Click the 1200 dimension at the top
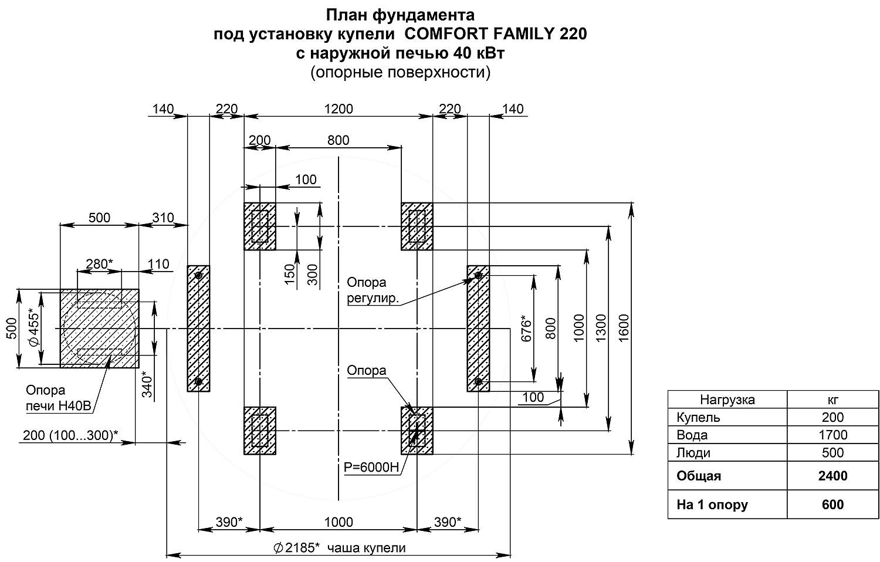pos(339,109)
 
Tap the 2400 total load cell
pos(832,476)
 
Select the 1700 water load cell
pos(832,435)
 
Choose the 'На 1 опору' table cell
pos(712,505)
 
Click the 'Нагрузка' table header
pos(727,400)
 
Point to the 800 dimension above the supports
pos(339,140)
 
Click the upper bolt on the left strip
pos(198,275)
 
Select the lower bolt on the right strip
pos(478,382)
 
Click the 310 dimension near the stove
pos(163,218)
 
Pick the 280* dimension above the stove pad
pos(100,264)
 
